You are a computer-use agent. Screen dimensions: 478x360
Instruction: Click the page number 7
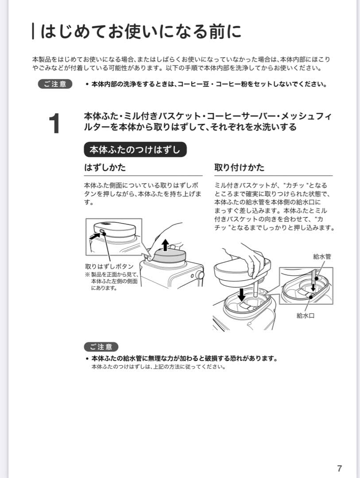coord(339,469)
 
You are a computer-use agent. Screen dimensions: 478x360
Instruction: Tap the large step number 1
coord(54,124)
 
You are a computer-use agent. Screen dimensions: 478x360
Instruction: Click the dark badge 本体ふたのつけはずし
coord(135,150)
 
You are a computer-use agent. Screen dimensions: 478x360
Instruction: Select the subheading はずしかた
coord(105,168)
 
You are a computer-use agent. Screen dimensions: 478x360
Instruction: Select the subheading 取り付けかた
coord(239,168)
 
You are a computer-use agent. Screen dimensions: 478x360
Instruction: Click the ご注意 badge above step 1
coord(55,84)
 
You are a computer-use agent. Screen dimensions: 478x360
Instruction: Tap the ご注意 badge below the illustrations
coord(101,347)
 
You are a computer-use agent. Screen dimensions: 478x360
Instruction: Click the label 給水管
coord(322,256)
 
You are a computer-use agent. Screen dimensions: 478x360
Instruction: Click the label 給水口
coord(305,316)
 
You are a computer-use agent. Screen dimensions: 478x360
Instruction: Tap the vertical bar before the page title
coord(34,31)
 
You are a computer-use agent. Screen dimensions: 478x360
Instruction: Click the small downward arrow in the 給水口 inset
coord(313,288)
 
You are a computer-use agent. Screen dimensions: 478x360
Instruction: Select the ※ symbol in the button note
coord(87,275)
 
